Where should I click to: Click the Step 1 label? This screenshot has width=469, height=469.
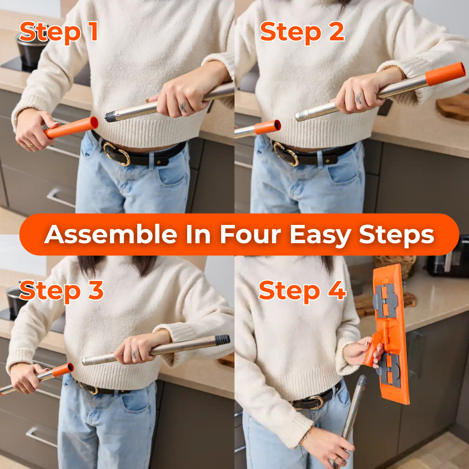pyautogui.click(x=59, y=33)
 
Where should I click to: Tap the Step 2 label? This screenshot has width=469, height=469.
pyautogui.click(x=302, y=33)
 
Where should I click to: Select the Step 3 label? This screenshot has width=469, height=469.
pyautogui.click(x=61, y=291)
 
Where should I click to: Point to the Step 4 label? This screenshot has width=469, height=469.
pyautogui.click(x=302, y=291)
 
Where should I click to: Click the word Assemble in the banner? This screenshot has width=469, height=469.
pyautogui.click(x=110, y=234)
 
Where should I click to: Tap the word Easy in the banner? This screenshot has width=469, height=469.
pyautogui.click(x=320, y=234)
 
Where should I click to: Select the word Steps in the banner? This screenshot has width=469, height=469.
pyautogui.click(x=396, y=234)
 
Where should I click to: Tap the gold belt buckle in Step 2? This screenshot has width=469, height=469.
pyautogui.click(x=286, y=154)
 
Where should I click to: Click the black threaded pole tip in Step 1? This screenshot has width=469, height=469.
pyautogui.click(x=110, y=116)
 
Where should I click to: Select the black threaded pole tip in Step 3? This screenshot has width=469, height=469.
pyautogui.click(x=222, y=340)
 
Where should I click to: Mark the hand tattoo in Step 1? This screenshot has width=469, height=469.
pyautogui.click(x=184, y=107)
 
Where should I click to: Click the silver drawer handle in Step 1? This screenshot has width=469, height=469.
pyautogui.click(x=61, y=197)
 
